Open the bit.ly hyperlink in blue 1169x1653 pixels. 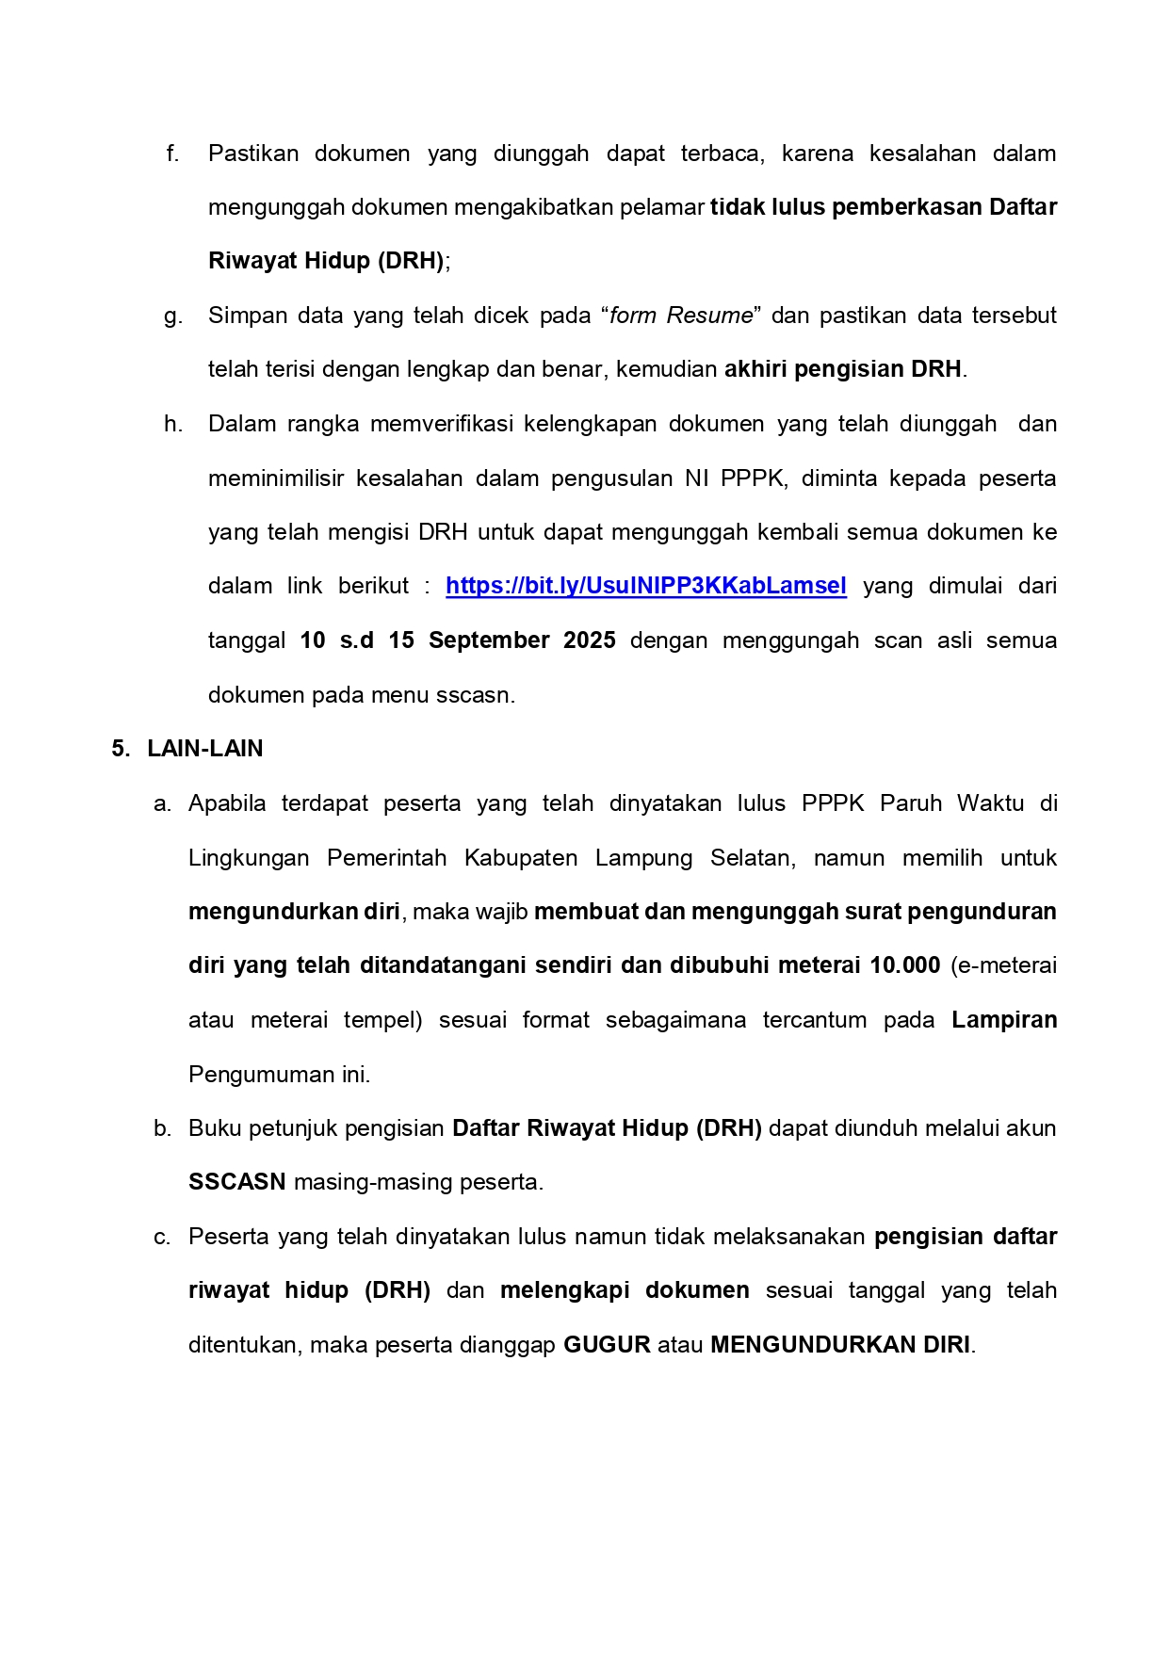[x=645, y=586]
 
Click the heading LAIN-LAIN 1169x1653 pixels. [x=205, y=749]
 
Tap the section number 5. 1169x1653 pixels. [x=120, y=749]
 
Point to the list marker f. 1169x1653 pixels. [x=172, y=154]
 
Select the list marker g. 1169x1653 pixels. [x=172, y=316]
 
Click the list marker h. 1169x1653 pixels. [x=172, y=424]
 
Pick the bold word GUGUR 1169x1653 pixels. [x=607, y=1345]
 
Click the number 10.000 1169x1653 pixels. [x=904, y=965]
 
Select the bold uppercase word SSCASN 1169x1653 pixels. [x=236, y=1182]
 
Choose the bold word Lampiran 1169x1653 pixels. [x=1004, y=1020]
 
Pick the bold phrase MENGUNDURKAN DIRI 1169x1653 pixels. [x=840, y=1345]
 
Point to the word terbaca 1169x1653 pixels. [x=723, y=154]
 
